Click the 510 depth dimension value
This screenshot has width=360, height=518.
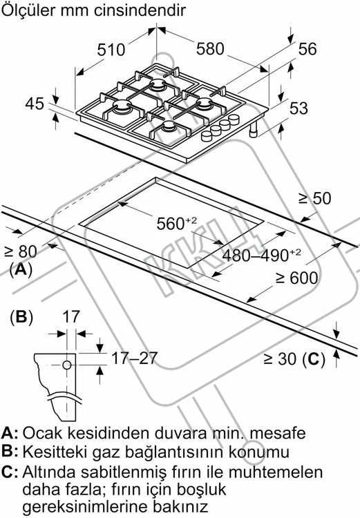111,50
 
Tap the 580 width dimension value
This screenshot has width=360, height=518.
210,49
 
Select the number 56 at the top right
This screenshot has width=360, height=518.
307,49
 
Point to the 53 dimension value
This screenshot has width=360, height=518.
299,108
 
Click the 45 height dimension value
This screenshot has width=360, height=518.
35,104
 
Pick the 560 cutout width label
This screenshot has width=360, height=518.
176,224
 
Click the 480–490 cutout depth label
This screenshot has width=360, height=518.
261,255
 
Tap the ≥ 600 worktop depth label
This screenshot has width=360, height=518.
297,278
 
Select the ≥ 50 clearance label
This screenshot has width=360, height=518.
314,198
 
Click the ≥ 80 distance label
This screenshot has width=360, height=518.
21,251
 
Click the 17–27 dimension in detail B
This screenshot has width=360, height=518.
134,358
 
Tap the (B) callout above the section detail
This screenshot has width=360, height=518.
21,318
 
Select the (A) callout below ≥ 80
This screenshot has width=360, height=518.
21,270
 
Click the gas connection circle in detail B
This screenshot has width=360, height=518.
67,365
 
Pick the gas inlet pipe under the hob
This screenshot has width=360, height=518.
254,130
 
